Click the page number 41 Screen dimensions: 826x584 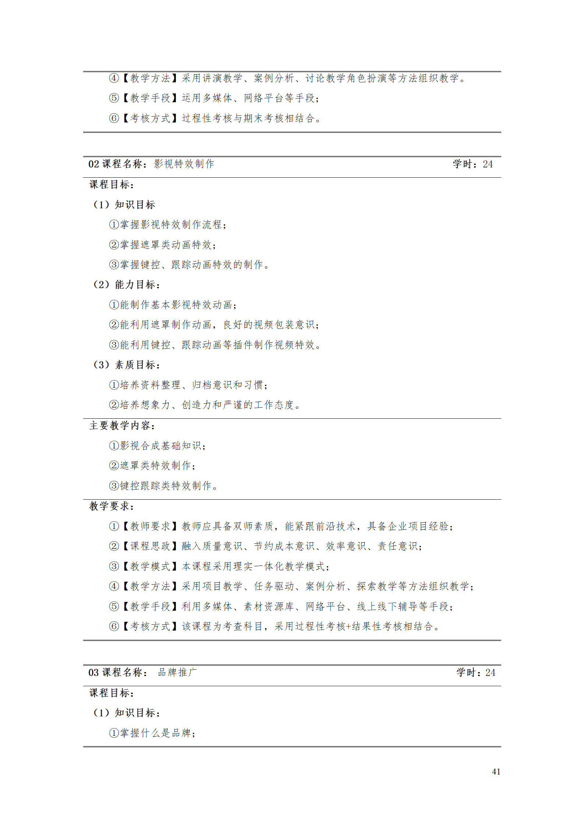coord(496,772)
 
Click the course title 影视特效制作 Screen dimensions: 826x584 coord(184,164)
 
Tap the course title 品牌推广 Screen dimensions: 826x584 coord(177,673)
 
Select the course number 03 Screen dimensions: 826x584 coord(93,673)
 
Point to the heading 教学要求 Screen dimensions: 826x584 coord(112,506)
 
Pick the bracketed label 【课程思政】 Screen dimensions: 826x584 coord(150,546)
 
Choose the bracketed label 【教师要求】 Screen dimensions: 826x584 coord(150,527)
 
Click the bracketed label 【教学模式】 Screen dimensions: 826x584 coord(150,567)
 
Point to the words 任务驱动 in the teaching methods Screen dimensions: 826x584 coord(274,586)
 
